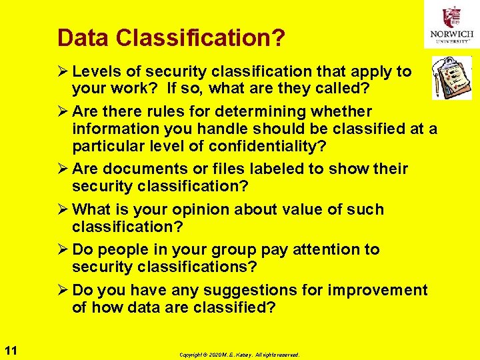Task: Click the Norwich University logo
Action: point(451,25)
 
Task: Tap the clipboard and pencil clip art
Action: point(451,77)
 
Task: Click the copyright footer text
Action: point(239,355)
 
